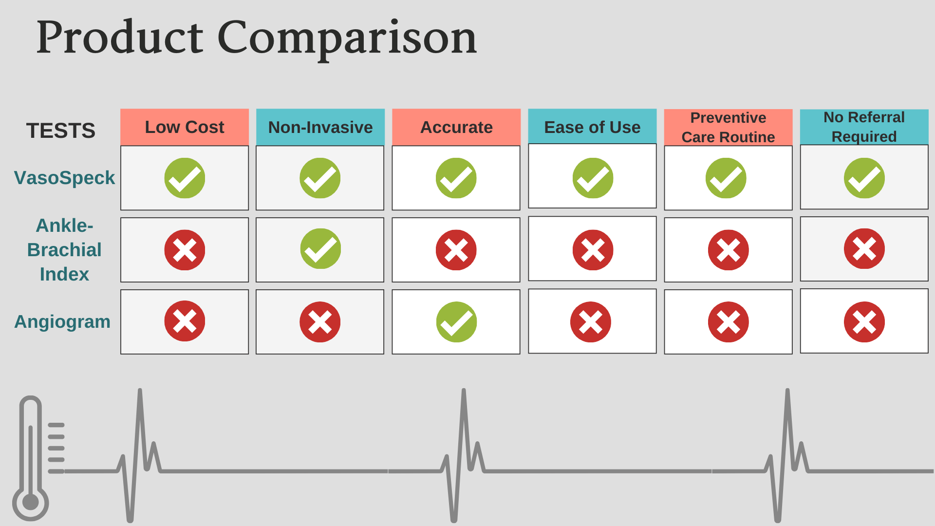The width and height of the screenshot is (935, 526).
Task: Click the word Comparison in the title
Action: (x=347, y=38)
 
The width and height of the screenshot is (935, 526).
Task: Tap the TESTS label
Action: (x=61, y=131)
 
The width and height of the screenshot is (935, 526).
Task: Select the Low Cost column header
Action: (x=185, y=127)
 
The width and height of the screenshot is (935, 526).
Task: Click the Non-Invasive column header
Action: (x=320, y=127)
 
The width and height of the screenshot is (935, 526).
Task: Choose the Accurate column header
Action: (x=456, y=127)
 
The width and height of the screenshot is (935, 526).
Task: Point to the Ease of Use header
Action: (x=592, y=127)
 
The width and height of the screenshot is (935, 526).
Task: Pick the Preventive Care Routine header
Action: (x=728, y=127)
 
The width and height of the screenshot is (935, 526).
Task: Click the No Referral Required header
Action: (x=864, y=127)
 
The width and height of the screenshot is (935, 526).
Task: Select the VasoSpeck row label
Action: (x=64, y=178)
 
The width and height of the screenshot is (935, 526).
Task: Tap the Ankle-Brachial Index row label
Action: (x=64, y=250)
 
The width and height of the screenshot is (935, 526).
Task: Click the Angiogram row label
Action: (x=62, y=322)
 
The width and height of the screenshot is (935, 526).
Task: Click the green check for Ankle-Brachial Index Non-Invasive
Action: (x=320, y=249)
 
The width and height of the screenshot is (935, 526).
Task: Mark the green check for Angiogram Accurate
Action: (x=456, y=322)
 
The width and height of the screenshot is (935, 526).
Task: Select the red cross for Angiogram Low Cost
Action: (x=185, y=321)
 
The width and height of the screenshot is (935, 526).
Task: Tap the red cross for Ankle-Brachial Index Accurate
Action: (x=456, y=250)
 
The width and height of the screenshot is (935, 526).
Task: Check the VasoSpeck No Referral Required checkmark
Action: (x=864, y=178)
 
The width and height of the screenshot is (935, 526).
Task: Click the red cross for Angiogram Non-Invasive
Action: (x=320, y=322)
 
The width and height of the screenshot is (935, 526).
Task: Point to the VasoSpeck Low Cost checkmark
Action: (x=185, y=178)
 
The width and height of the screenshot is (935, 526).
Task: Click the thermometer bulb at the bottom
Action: (x=30, y=502)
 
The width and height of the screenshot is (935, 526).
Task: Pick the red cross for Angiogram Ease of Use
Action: (x=591, y=322)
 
